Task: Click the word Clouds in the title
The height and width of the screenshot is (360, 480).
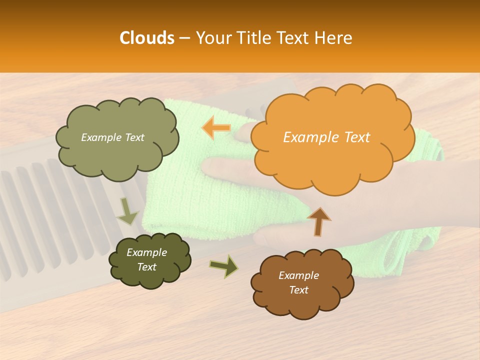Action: coord(147,38)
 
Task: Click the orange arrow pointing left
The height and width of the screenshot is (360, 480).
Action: coord(216,128)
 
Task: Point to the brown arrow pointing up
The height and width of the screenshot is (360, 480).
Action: coord(318,221)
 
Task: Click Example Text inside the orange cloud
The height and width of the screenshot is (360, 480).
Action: coord(326,137)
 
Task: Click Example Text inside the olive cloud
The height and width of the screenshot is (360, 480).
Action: coord(112,137)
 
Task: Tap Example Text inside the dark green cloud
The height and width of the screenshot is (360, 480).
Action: coord(147,259)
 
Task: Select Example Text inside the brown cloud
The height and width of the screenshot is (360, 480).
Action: coord(298,282)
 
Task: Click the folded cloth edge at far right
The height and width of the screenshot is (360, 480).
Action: coord(430,240)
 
